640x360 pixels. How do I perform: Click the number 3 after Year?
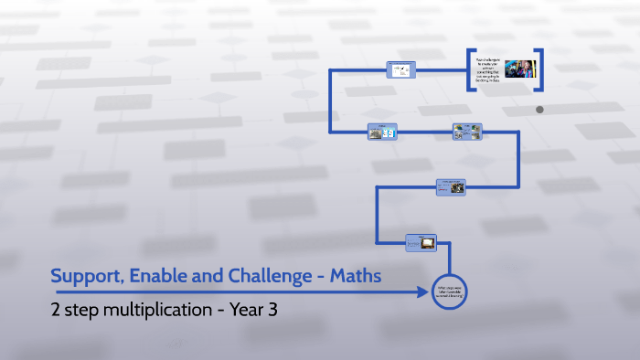[272, 310]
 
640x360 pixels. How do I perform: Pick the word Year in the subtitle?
[245, 310]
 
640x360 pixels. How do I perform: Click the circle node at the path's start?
[450, 291]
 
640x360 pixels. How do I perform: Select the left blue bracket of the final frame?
[470, 69]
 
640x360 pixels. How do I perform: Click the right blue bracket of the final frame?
[540, 69]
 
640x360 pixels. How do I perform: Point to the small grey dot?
[539, 110]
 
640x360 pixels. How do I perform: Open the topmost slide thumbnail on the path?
[400, 69]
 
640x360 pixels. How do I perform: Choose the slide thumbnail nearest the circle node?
[421, 242]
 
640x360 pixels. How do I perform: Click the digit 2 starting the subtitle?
[56, 310]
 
